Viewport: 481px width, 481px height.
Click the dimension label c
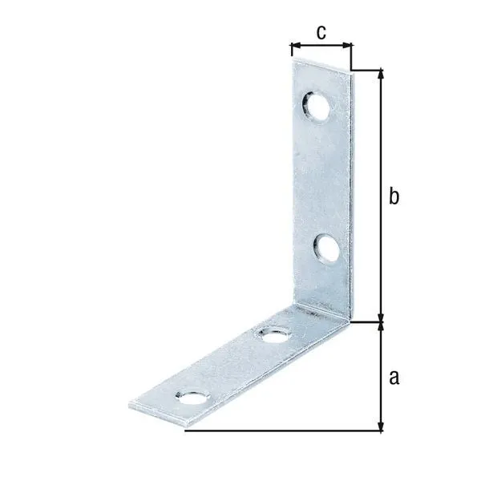click(x=321, y=32)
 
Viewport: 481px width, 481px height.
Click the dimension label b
click(x=394, y=197)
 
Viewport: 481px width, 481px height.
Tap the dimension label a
click(x=393, y=377)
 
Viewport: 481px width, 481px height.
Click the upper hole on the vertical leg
click(x=314, y=107)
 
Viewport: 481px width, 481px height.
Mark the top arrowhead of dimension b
click(x=382, y=75)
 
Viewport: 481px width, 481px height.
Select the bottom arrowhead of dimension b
click(x=382, y=317)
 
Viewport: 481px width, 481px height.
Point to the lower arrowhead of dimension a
click(x=382, y=426)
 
